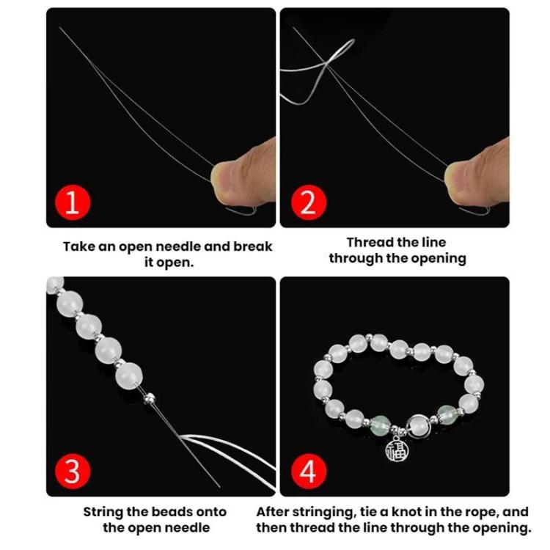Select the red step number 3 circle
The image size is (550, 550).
point(72,472)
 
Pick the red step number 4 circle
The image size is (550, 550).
point(308,472)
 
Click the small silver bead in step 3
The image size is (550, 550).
point(150,397)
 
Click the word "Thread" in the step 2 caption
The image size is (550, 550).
point(371,242)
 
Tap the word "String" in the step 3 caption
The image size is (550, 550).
point(105,512)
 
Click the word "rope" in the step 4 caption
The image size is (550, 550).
point(495,512)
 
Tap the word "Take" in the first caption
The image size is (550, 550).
point(78,246)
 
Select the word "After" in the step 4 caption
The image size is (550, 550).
point(275,512)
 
